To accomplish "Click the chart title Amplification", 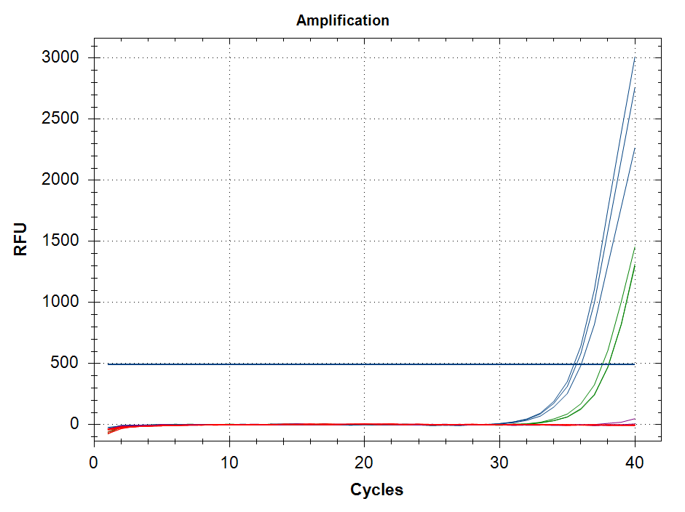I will (x=342, y=20).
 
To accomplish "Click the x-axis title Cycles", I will (x=376, y=489).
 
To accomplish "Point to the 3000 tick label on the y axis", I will (x=64, y=57).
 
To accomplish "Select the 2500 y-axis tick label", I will (x=64, y=119).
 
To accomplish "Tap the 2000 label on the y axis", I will (x=64, y=180).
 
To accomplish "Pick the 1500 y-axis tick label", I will (x=64, y=241).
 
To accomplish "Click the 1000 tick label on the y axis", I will (x=64, y=302).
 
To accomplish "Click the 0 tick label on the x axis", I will (x=94, y=463).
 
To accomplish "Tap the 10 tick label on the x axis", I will (x=229, y=463).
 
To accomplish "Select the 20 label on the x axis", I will (x=364, y=463).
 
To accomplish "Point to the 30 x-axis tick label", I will (x=499, y=463).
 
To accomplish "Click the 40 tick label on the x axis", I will (x=635, y=463).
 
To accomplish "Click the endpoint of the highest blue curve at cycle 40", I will (x=635, y=58).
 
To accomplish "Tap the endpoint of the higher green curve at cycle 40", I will (x=635, y=247).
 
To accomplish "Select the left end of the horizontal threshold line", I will (x=108, y=364).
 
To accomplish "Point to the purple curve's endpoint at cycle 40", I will (x=635, y=419).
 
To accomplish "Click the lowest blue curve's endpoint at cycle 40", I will (x=635, y=148).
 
